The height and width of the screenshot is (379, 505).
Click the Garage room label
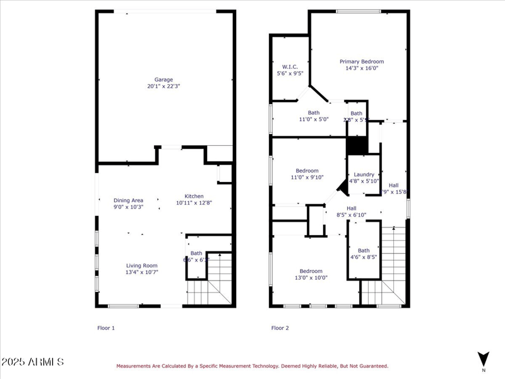click(x=163, y=80)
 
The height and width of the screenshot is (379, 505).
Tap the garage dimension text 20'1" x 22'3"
click(x=163, y=87)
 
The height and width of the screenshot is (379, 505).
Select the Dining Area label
click(x=128, y=200)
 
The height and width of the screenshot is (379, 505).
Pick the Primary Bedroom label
click(x=362, y=62)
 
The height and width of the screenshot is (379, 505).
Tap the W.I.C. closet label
click(x=290, y=66)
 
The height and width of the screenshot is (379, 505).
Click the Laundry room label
click(x=364, y=174)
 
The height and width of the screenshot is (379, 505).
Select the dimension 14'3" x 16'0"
click(x=362, y=69)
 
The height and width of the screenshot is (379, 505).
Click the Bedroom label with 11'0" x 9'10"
click(x=307, y=171)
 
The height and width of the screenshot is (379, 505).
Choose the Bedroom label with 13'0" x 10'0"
click(x=311, y=271)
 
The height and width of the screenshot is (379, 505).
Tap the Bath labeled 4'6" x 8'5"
click(x=364, y=250)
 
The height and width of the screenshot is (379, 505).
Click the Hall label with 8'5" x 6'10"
click(x=352, y=208)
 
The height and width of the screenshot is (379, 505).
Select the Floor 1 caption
click(x=105, y=328)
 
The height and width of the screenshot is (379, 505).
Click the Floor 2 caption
click(x=280, y=328)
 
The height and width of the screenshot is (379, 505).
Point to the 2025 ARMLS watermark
click(x=32, y=362)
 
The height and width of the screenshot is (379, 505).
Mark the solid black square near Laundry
click(x=357, y=145)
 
